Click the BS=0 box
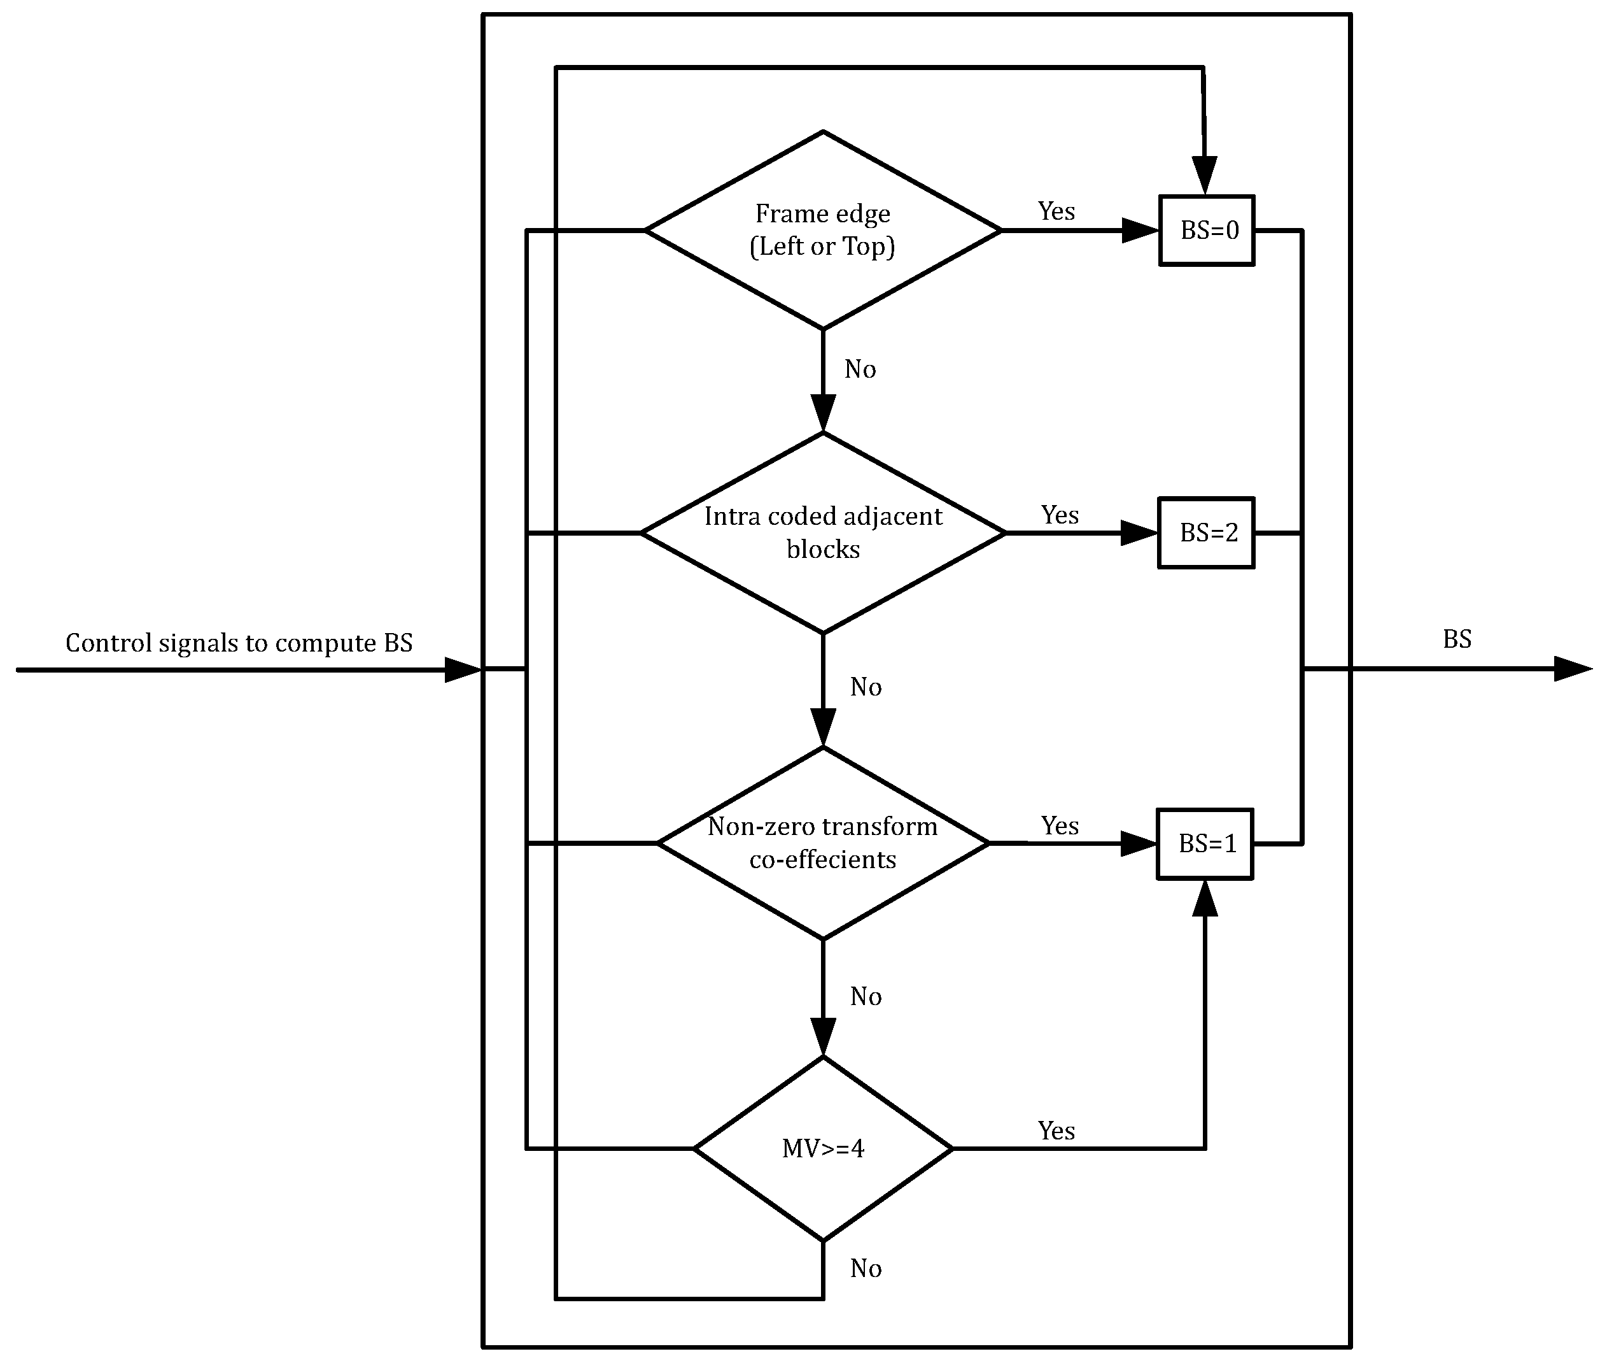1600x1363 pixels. [x=1206, y=231]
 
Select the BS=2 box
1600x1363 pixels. [x=1205, y=533]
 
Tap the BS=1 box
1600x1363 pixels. [x=1205, y=844]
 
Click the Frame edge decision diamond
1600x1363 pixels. [x=822, y=231]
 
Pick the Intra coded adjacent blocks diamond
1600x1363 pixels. [x=822, y=533]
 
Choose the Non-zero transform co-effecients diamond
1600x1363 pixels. [x=822, y=844]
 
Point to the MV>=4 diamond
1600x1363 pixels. [x=822, y=1149]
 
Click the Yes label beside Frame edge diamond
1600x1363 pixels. [x=1056, y=211]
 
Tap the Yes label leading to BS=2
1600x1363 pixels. [x=1060, y=515]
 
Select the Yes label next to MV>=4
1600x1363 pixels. [x=1056, y=1131]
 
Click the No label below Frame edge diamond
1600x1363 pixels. [x=860, y=369]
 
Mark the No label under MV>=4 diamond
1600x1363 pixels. [x=866, y=1269]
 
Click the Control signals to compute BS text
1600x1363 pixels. [x=239, y=643]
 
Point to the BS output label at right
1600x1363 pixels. [x=1457, y=639]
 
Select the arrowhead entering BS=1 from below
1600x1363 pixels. [x=1205, y=898]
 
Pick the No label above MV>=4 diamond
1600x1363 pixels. [x=866, y=997]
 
